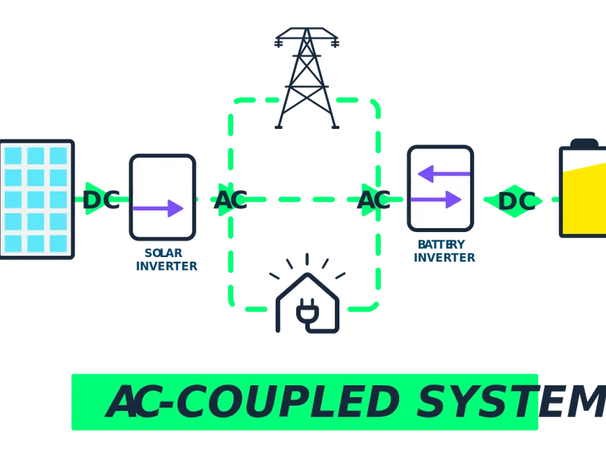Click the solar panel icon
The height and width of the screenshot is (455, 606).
pyautogui.click(x=36, y=200)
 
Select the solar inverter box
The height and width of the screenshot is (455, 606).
pyautogui.click(x=162, y=196)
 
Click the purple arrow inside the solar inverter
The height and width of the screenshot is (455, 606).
pyautogui.click(x=158, y=208)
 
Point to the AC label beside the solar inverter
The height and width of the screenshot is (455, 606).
pyautogui.click(x=231, y=200)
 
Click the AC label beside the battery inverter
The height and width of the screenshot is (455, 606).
pyautogui.click(x=373, y=200)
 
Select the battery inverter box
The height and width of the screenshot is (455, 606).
pyautogui.click(x=440, y=189)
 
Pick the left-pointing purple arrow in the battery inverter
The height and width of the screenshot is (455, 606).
pyautogui.click(x=444, y=175)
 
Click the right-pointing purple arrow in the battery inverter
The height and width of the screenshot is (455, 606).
pyautogui.click(x=436, y=200)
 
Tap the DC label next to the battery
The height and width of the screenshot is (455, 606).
pyautogui.click(x=516, y=200)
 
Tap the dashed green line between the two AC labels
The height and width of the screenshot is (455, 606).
pyautogui.click(x=302, y=200)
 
